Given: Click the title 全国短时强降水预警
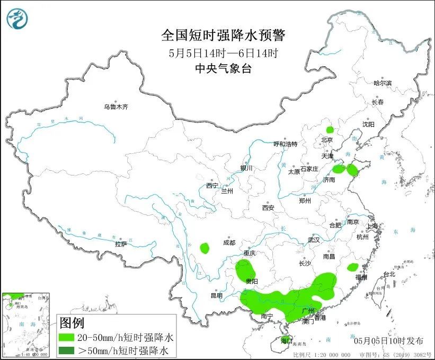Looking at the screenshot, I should pos(223,36).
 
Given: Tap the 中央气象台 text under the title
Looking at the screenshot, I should pos(223,68).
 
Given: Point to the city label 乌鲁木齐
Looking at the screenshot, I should pos(116,107).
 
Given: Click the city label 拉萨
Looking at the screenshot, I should pos(121,244).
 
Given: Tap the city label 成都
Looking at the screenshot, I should pos(229,242).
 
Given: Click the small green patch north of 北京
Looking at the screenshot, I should pos(330,129).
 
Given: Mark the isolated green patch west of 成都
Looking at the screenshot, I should pos(205,248).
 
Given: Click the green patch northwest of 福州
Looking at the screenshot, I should pos(353,267).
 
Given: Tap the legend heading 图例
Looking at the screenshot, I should pos(72,322).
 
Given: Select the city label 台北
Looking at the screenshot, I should pos(389,274).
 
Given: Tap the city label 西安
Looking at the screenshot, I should pos(268,208).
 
